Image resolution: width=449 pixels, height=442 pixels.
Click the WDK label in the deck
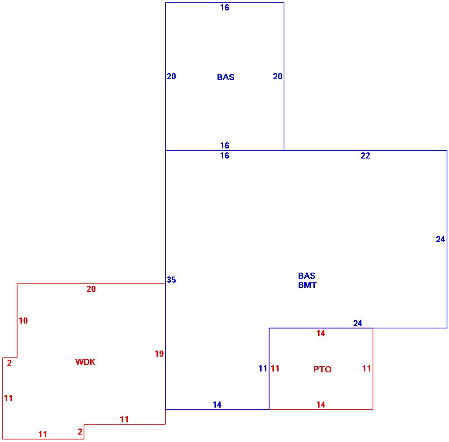click(85, 362)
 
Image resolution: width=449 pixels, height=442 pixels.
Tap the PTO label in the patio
click(322, 369)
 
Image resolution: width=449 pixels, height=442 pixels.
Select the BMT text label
click(307, 285)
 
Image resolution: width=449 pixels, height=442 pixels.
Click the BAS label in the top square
click(225, 77)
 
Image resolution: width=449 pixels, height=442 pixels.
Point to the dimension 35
click(171, 280)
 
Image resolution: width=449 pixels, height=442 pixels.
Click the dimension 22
click(365, 155)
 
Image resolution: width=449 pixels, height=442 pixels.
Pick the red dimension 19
click(159, 354)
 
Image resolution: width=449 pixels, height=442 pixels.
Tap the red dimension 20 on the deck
click(91, 289)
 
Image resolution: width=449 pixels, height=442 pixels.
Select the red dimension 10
click(23, 321)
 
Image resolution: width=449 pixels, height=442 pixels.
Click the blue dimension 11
click(262, 368)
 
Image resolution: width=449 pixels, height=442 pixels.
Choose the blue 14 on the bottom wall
click(217, 405)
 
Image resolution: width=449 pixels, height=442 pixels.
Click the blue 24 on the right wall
click(440, 239)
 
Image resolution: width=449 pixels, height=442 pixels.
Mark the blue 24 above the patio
click(357, 323)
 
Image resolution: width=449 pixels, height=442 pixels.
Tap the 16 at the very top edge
click(224, 7)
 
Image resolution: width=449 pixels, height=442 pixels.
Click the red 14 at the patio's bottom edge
click(320, 405)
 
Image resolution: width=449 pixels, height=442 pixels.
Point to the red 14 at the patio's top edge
click(321, 333)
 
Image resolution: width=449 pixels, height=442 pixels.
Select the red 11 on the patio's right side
click(367, 368)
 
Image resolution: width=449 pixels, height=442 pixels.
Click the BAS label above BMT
click(307, 276)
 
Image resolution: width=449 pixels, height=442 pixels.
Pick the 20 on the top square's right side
click(278, 76)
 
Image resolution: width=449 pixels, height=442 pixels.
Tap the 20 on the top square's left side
click(171, 76)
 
